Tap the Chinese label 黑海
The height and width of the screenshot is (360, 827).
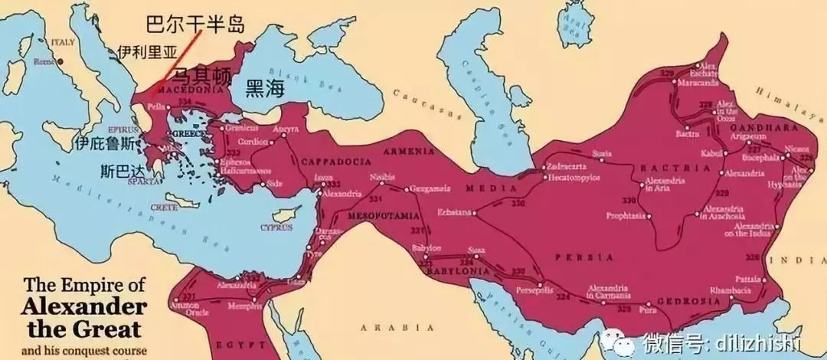[264, 88]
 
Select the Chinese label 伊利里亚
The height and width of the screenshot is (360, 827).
[146, 52]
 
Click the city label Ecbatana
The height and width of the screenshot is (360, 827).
[454, 211]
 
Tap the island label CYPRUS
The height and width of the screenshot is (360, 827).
[276, 227]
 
